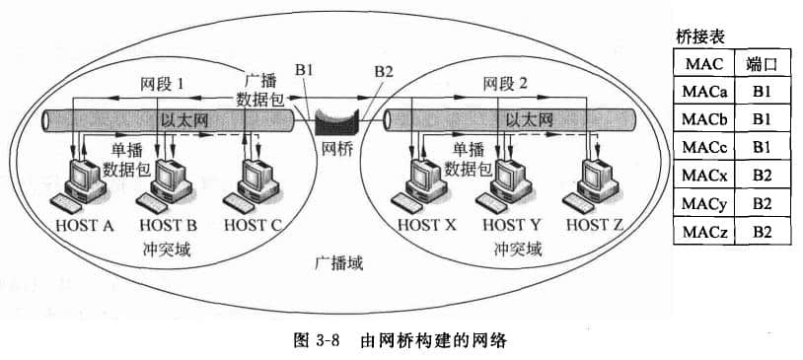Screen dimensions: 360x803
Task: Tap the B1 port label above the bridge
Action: [304, 71]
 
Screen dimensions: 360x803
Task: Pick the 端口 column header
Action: [762, 63]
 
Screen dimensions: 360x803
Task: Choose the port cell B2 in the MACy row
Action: [762, 204]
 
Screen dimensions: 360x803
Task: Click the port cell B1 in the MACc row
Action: [762, 148]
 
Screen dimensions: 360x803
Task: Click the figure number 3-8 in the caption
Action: [328, 342]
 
